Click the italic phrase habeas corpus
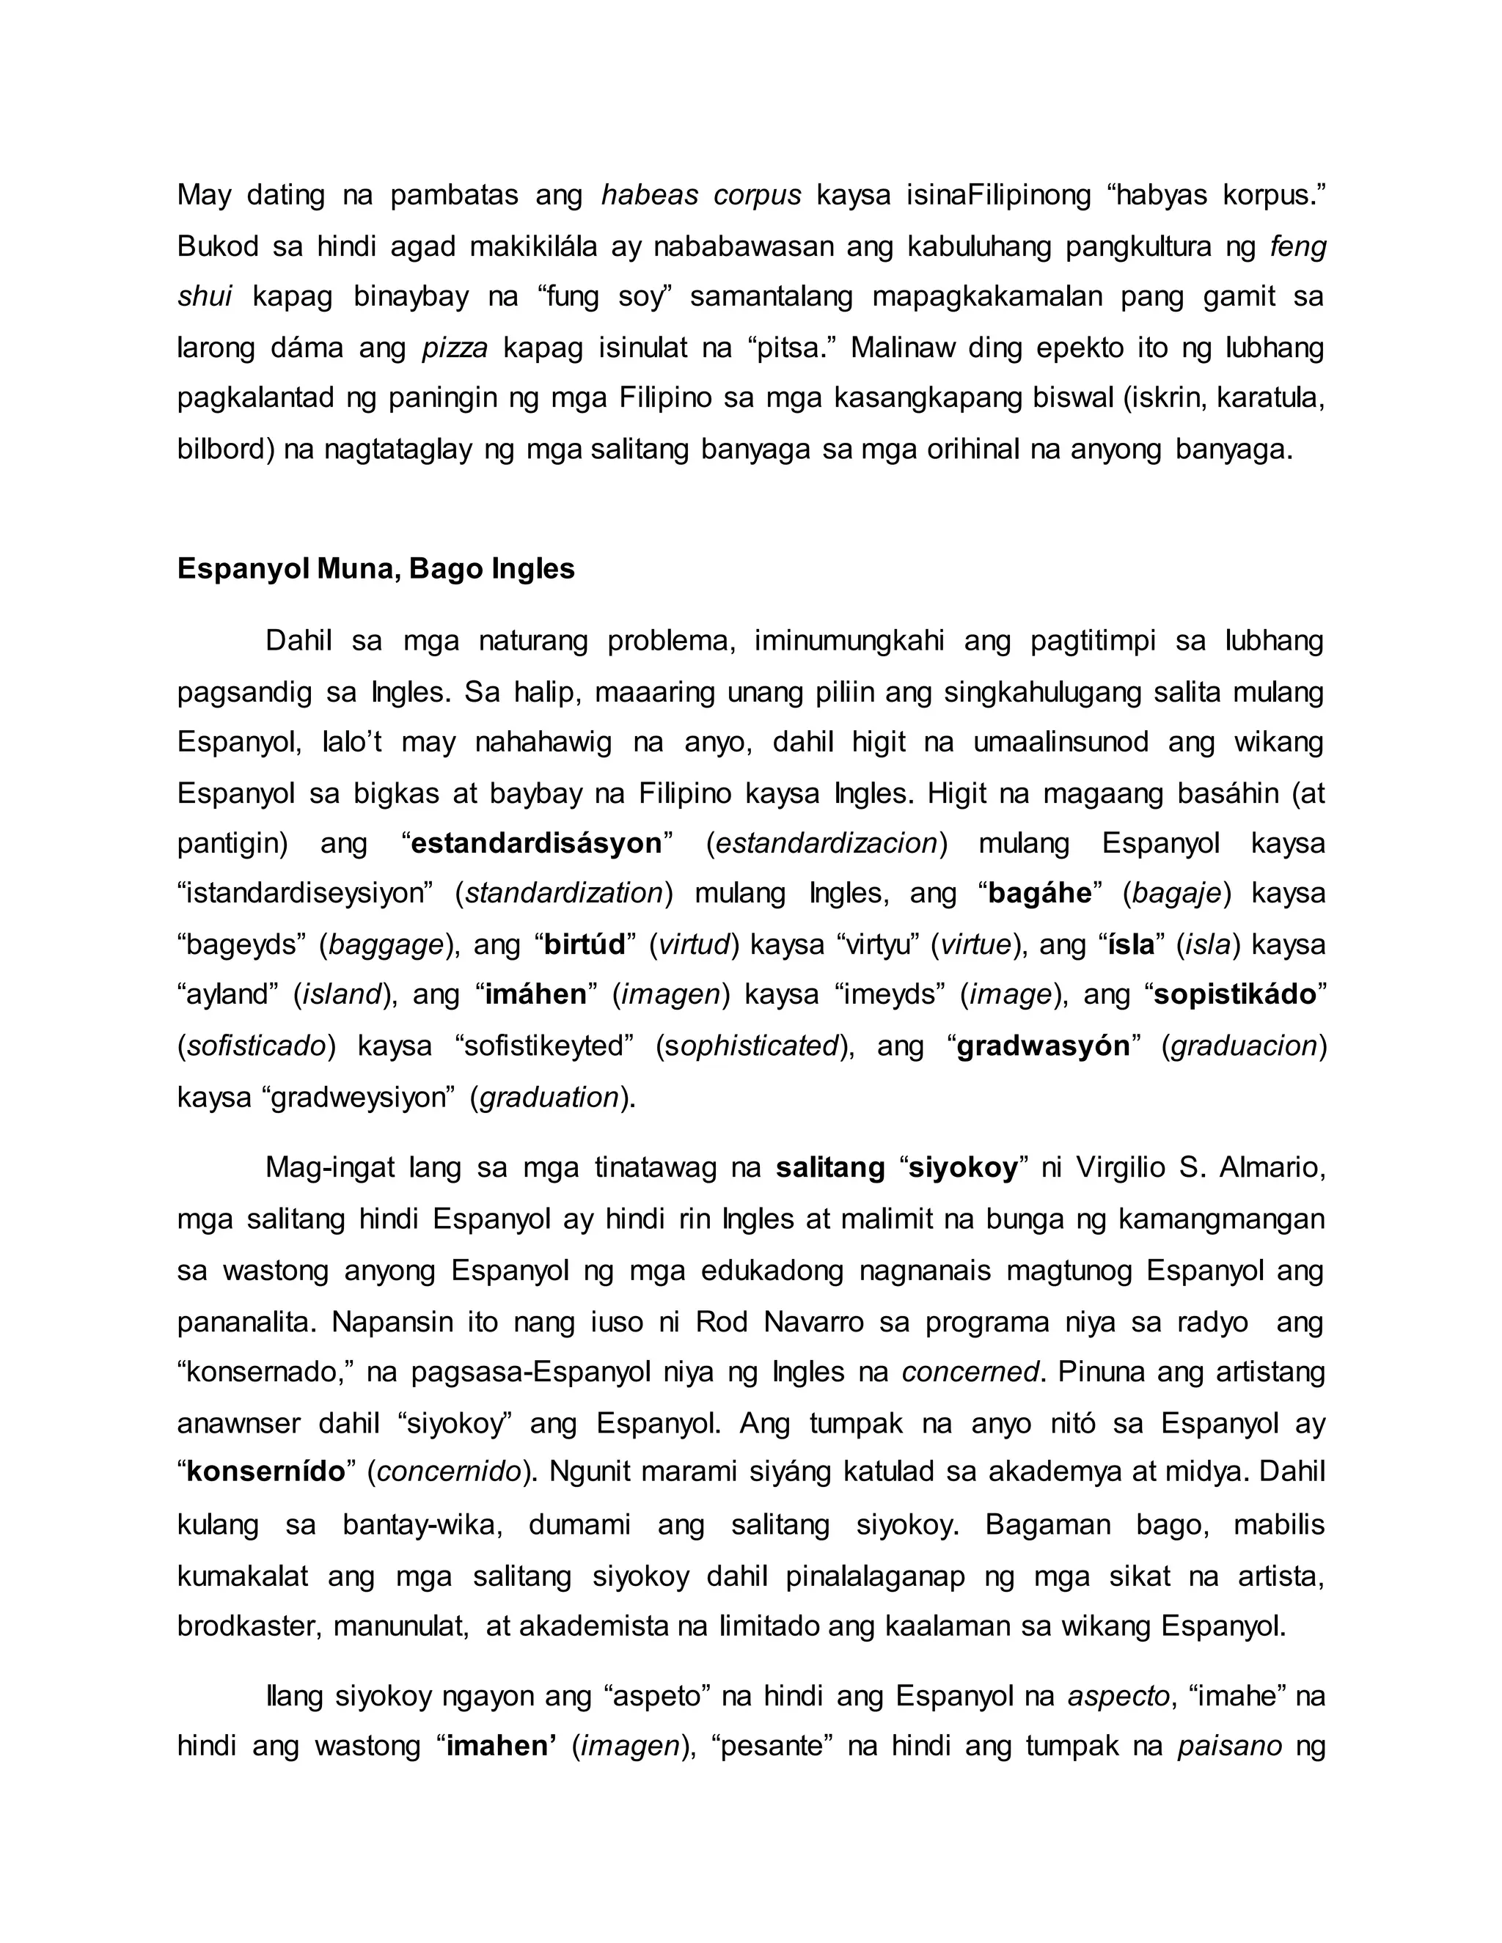tap(701, 195)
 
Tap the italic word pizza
tap(455, 347)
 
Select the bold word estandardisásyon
tap(537, 842)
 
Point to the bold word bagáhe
tap(1040, 892)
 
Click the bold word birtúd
tap(585, 944)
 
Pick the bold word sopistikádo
tap(1235, 993)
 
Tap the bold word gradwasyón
tap(1043, 1046)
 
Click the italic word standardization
tap(564, 892)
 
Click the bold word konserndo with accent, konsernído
tap(265, 1472)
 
